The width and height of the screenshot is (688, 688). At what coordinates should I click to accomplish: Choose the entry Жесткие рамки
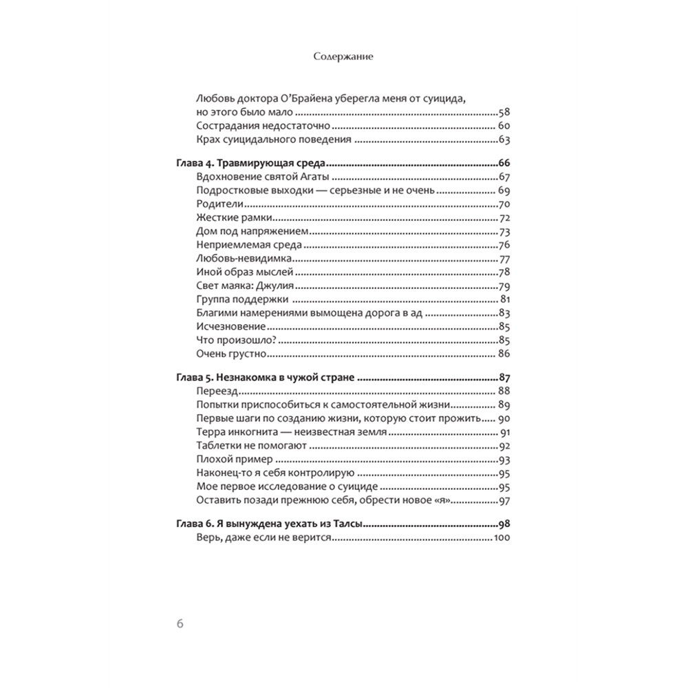229,218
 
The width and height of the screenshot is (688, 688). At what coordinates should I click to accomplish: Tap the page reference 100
500,539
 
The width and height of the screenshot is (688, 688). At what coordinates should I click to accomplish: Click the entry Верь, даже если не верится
264,539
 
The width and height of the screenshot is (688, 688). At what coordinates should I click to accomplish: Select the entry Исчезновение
230,326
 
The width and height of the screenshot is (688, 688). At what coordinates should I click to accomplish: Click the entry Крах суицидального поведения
274,139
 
